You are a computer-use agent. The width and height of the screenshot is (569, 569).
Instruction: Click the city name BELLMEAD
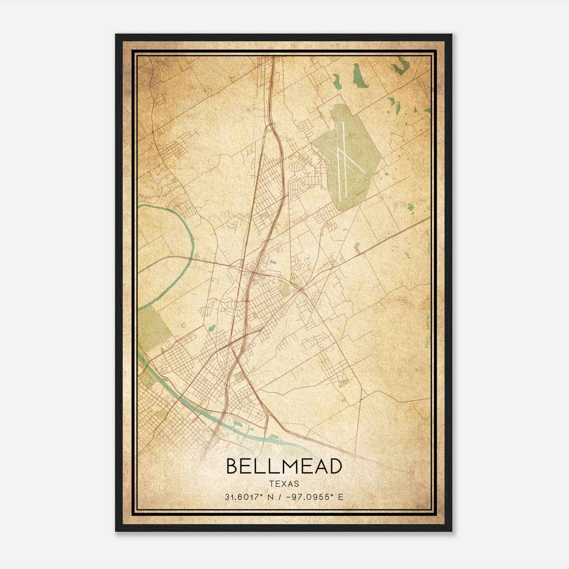point(284,467)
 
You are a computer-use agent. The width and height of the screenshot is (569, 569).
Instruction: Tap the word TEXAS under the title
point(284,484)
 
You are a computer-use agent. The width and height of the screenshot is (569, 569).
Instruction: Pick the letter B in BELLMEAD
point(233,467)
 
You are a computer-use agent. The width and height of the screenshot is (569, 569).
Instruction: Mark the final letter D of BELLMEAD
point(334,467)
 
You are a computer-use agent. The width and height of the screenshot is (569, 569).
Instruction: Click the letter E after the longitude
point(341,497)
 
